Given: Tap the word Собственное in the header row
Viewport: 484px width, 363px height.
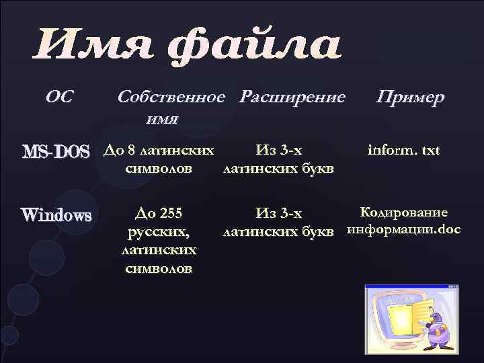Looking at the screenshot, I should coord(171,97).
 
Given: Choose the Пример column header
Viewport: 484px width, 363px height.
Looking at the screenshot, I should coord(410,97).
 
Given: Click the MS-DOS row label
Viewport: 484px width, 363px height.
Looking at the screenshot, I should coord(55,152).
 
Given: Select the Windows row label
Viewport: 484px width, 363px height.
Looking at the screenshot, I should coord(56,216).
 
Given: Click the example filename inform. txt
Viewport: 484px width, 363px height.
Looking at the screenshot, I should coord(403,149).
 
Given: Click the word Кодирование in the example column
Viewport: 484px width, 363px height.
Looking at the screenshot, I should coord(403,213).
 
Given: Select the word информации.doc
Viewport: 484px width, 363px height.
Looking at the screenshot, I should coord(403,232).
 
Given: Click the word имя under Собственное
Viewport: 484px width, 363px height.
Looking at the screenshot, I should coord(161,120).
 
